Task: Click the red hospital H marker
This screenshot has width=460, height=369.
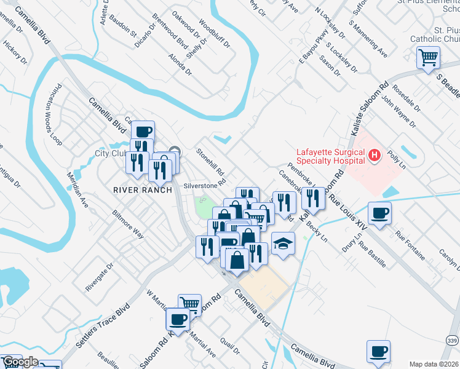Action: [x=374, y=156]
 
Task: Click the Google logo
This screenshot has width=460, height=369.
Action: [x=20, y=362]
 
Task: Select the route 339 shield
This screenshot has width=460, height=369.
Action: [x=452, y=340]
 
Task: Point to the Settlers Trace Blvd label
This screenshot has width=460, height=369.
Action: [x=105, y=323]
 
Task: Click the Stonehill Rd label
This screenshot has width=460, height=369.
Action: [x=210, y=162]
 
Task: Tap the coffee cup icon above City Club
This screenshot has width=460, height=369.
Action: [x=143, y=132]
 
